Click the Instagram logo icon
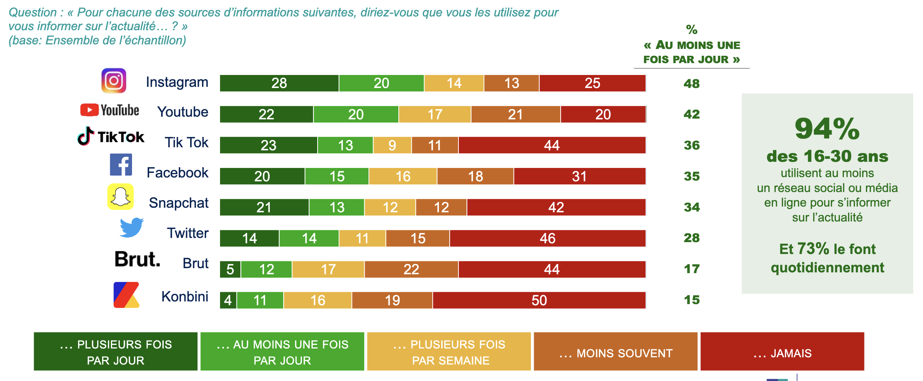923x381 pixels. [x=114, y=81]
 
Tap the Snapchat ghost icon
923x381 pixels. [x=121, y=197]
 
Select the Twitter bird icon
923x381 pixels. [x=132, y=228]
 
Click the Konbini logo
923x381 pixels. [x=126, y=295]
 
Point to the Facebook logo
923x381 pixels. [x=121, y=165]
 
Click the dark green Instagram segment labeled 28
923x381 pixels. [x=279, y=83]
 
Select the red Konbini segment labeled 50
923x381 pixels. [x=539, y=300]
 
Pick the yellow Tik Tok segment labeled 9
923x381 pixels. [x=392, y=145]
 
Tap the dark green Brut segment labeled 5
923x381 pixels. [x=230, y=269]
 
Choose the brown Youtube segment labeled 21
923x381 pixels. [x=515, y=114]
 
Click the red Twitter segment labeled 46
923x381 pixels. [x=548, y=238]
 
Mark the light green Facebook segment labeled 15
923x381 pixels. [x=337, y=176]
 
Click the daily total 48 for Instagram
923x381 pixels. [x=691, y=83]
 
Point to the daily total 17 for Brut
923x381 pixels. [x=691, y=269]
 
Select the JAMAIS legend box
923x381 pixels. [x=782, y=352]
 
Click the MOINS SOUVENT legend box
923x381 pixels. [x=615, y=352]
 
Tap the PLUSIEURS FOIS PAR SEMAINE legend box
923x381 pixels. [x=449, y=352]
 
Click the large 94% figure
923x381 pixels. [x=827, y=129]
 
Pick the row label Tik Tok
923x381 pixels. [x=186, y=142]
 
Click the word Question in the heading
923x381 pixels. [x=33, y=12]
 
